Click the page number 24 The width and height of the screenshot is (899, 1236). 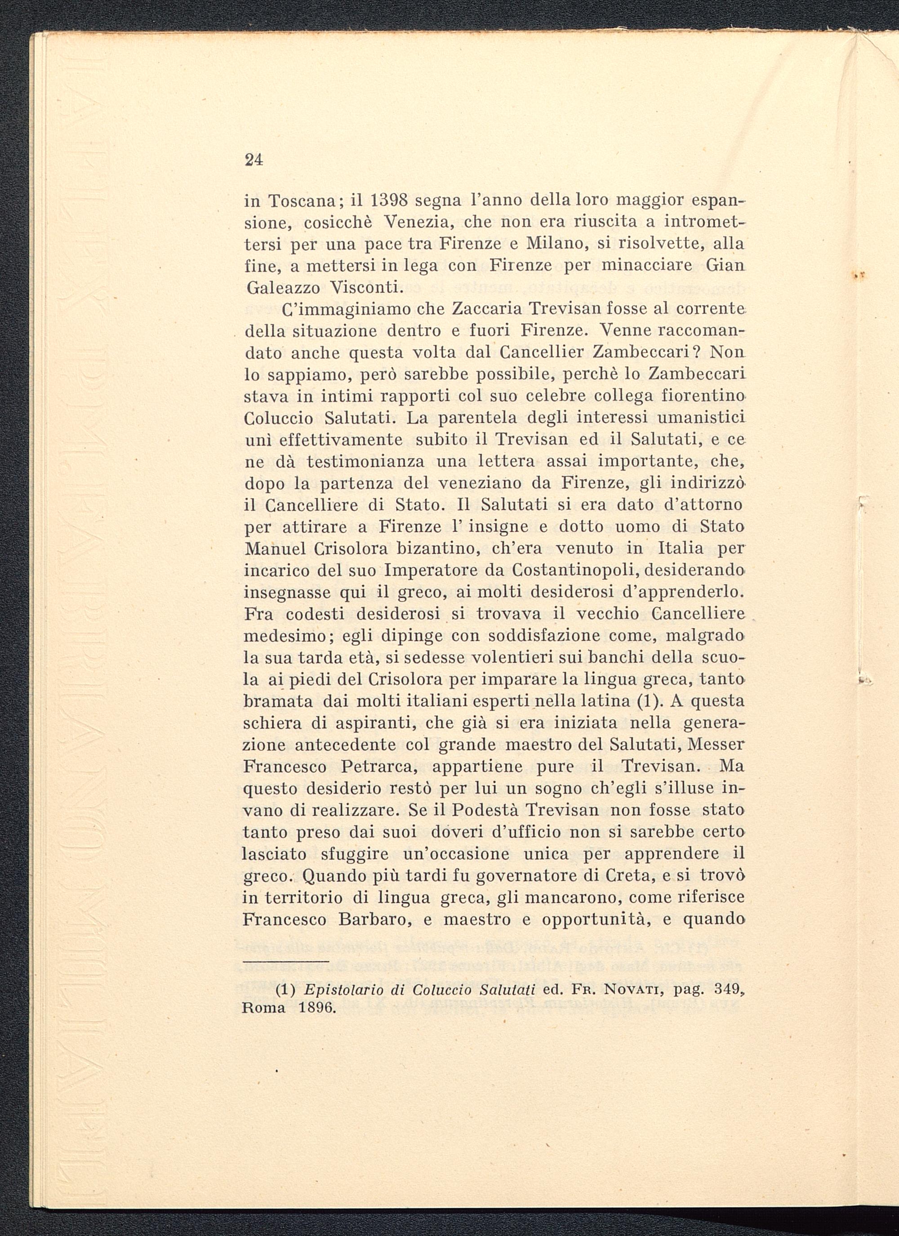[254, 160]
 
